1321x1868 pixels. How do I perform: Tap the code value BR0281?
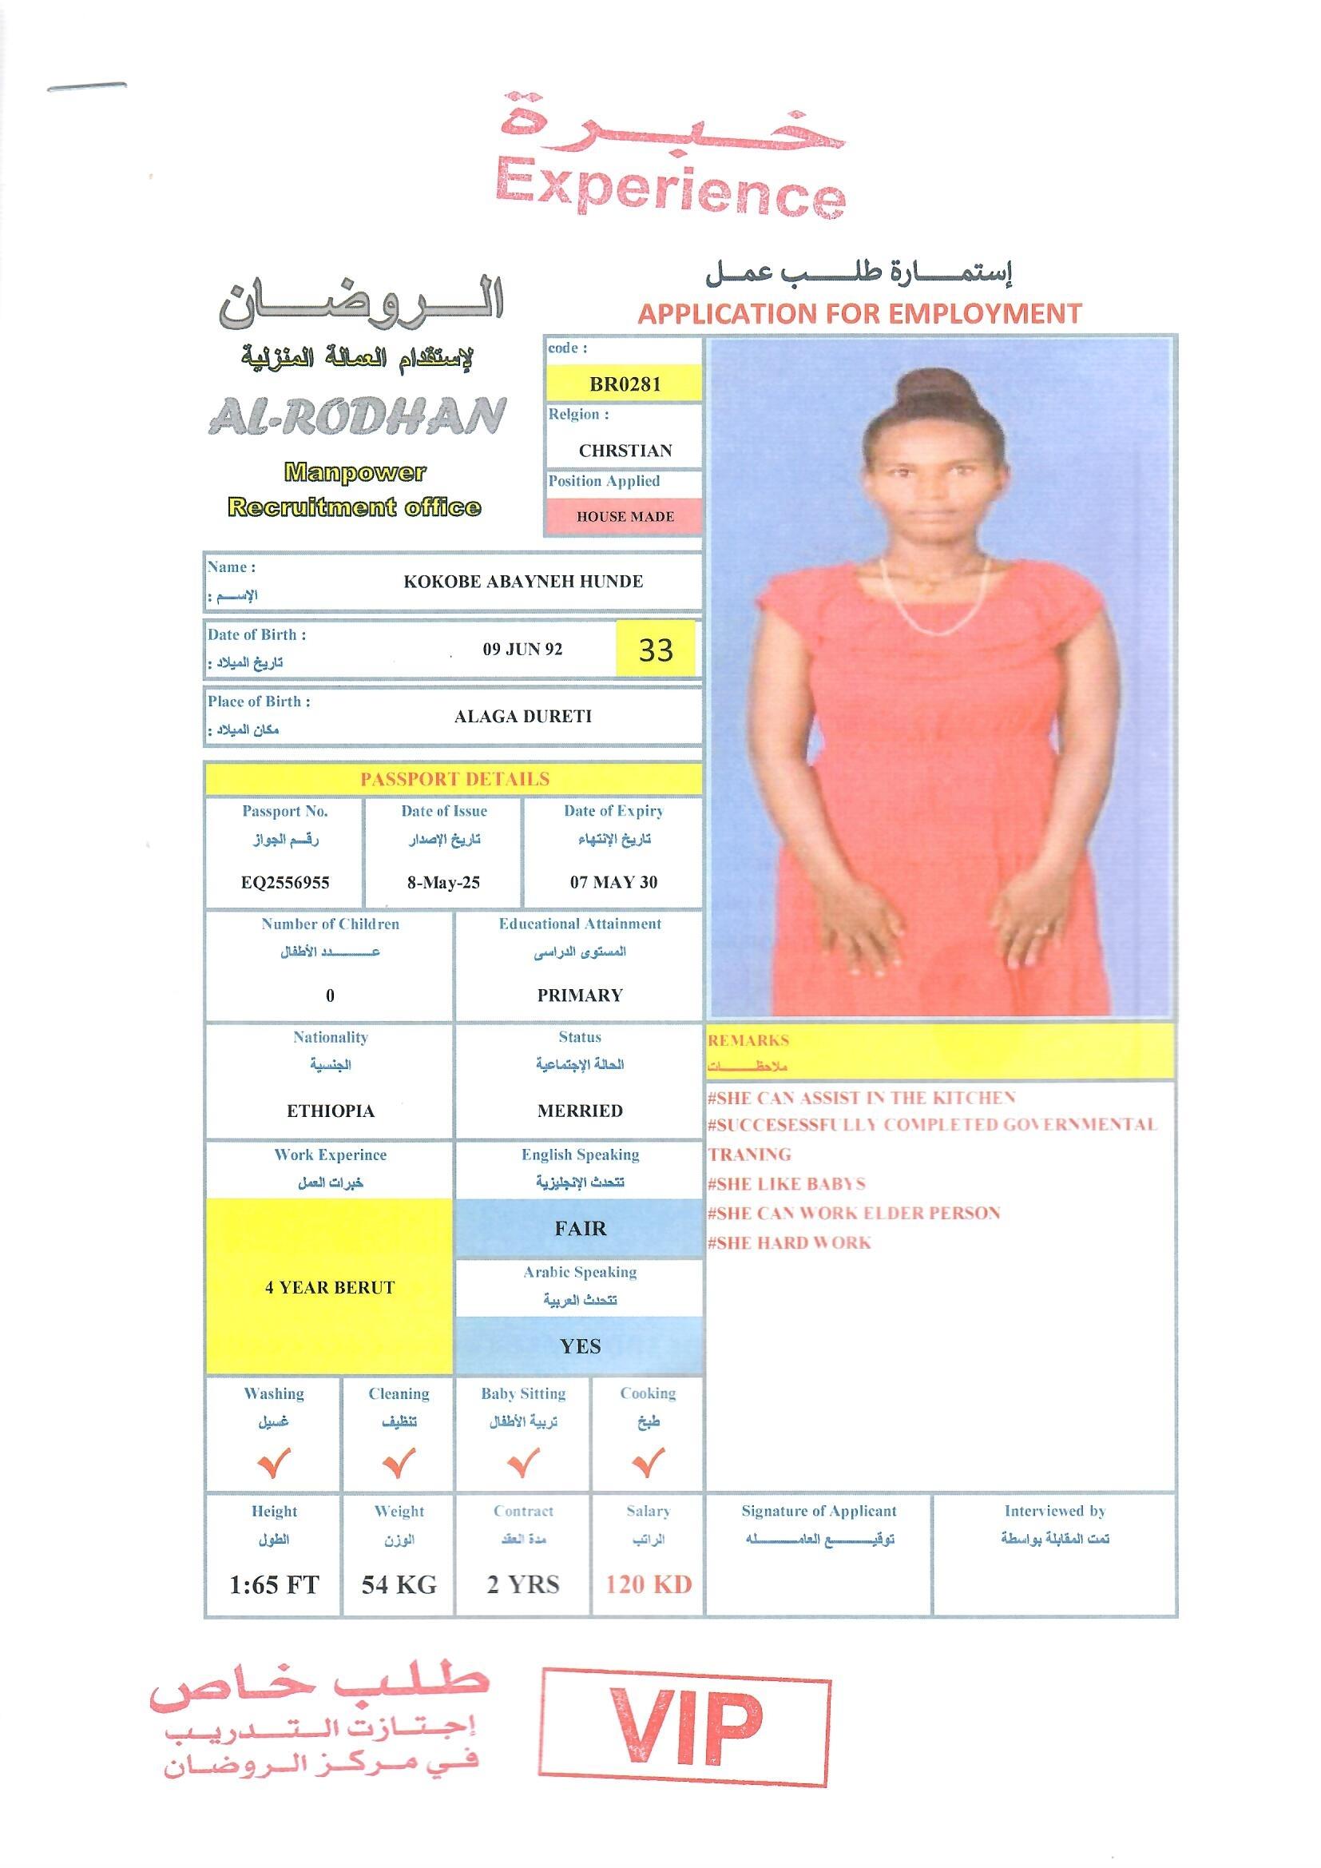coord(625,384)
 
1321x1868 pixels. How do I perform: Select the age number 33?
coord(656,650)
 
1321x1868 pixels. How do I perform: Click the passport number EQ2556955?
coord(284,883)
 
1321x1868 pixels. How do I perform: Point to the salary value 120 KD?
coord(649,1584)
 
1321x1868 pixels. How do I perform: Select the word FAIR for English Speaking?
coord(580,1229)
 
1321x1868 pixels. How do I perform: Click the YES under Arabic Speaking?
coord(580,1346)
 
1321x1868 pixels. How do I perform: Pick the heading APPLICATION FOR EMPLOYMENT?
coord(860,313)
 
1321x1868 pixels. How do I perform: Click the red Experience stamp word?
coord(671,188)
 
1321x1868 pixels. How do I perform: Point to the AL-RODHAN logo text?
coord(358,416)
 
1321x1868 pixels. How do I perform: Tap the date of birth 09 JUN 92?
coord(522,650)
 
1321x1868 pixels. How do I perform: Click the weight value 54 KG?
coord(399,1584)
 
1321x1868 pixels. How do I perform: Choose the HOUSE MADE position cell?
coord(625,517)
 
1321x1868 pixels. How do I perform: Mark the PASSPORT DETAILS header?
coord(454,780)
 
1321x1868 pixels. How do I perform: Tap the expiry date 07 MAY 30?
coord(613,883)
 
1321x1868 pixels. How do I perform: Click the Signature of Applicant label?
coord(819,1511)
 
